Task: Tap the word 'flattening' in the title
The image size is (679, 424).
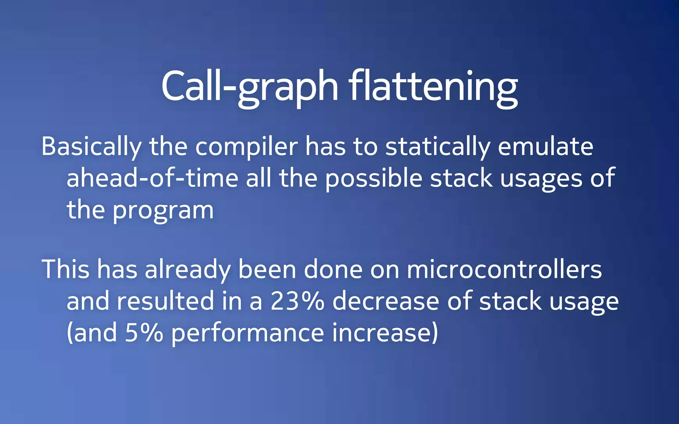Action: pyautogui.click(x=433, y=87)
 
